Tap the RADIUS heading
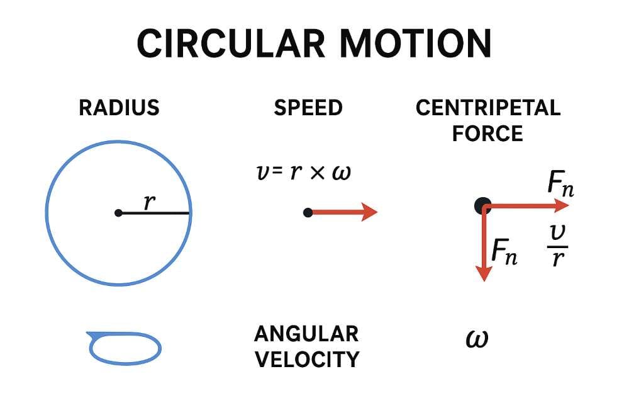pos(119,108)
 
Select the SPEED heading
pos(308,108)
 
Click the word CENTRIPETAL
pos(488,108)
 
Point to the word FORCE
pos(488,133)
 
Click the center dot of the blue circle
pos(118,213)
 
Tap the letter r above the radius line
pos(148,201)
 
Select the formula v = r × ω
pos(301,172)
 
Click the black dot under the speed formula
pos(308,213)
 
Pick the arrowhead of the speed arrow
pos(370,213)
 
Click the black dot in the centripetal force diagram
pos(482,205)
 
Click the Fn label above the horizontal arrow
pos(560,184)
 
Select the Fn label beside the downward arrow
pos(504,252)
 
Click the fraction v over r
pos(557,246)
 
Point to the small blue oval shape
pos(125,348)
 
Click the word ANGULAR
pos(306,333)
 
